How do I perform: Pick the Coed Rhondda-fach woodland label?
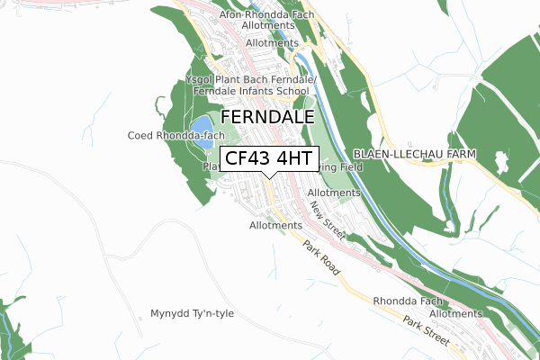[x=175, y=137]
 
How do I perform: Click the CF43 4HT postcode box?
[x=267, y=159]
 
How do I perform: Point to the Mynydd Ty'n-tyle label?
[x=191, y=314]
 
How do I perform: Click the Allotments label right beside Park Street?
[x=455, y=313]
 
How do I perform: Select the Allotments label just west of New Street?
[x=275, y=225]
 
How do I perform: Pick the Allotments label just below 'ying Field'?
[x=334, y=193]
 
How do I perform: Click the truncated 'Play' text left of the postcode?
[x=211, y=166]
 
